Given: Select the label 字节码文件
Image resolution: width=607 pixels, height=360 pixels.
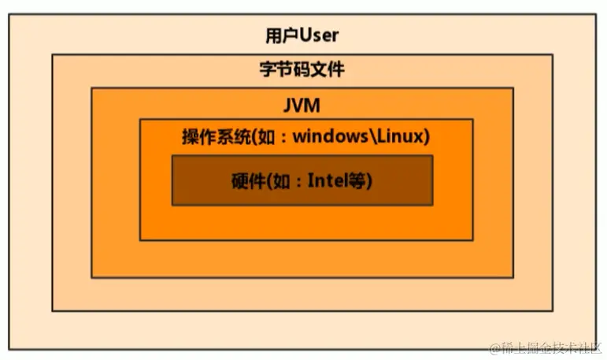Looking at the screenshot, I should pos(302,69).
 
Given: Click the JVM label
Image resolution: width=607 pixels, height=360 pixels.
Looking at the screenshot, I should pos(302,104).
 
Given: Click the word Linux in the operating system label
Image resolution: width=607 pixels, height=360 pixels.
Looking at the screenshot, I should pos(401,135).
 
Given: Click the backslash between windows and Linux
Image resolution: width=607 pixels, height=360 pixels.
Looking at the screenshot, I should pos(371,135).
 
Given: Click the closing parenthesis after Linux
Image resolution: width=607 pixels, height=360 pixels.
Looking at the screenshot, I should pos(427,135).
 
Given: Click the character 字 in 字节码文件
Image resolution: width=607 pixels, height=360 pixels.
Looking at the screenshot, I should pos(268,69).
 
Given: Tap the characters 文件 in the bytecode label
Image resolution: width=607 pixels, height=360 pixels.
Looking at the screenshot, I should pos(328,69).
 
